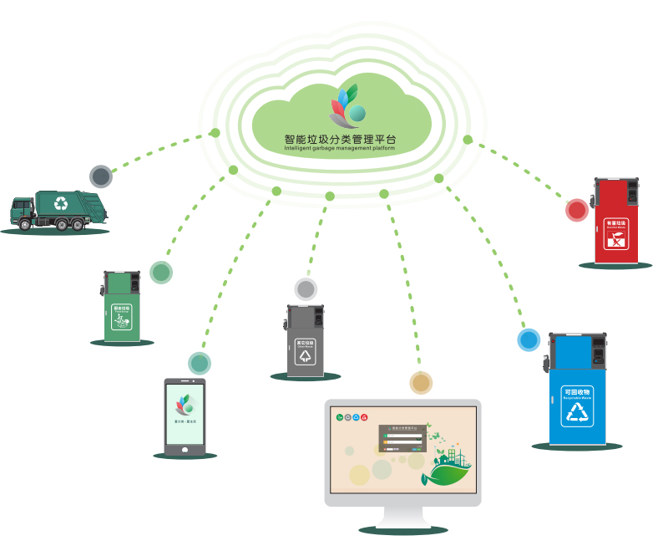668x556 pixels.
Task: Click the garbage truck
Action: (x=58, y=209)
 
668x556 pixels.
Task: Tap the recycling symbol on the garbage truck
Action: (x=61, y=202)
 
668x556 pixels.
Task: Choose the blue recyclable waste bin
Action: (x=575, y=389)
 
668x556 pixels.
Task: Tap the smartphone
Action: (x=185, y=416)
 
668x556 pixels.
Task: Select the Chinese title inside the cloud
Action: (x=342, y=138)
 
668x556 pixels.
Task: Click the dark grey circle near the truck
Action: (x=100, y=176)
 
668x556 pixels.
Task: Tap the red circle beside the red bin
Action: (x=577, y=210)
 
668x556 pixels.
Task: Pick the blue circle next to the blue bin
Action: (x=529, y=339)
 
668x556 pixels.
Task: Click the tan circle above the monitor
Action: (x=421, y=383)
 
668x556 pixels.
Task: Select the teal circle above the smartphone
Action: (x=199, y=362)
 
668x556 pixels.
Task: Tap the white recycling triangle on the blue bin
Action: (x=576, y=415)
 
